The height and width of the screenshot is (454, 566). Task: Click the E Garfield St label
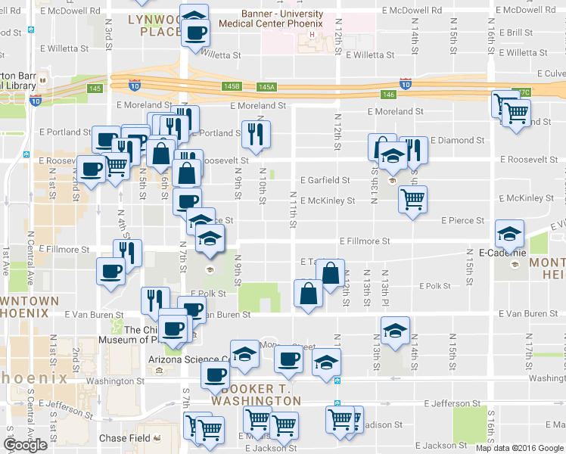(325, 180)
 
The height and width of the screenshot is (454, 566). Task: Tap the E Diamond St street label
(457, 140)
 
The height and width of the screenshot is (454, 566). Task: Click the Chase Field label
(124, 438)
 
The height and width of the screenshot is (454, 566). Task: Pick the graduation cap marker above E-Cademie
(510, 232)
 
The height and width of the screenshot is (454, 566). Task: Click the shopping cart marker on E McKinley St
(412, 199)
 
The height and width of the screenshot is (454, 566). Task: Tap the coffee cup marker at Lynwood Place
(196, 33)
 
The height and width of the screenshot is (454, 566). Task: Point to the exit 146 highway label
(389, 94)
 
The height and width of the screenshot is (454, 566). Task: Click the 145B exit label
(232, 87)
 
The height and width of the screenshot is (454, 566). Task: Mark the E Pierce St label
(462, 220)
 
